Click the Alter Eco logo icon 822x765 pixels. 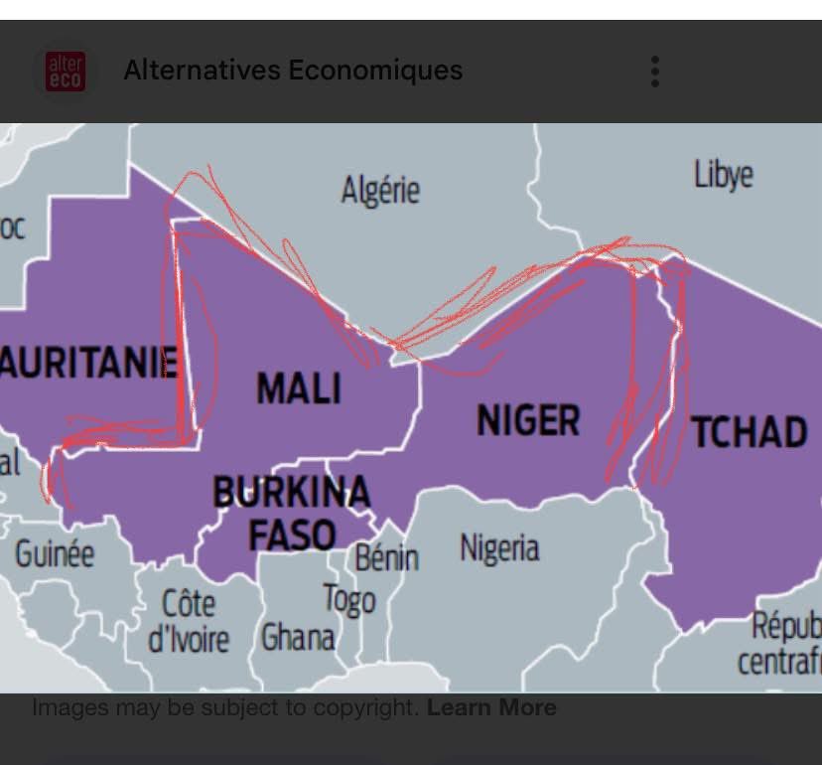point(66,72)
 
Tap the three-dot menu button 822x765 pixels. point(654,72)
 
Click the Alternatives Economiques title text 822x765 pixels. point(292,71)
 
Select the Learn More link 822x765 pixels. point(491,707)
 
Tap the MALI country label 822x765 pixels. point(298,387)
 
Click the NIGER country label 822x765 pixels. point(528,420)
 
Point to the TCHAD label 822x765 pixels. point(750,432)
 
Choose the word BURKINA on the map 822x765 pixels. point(291,492)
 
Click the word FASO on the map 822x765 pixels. point(291,535)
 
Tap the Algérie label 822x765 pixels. point(380,190)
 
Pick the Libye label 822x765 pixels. point(723,175)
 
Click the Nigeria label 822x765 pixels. point(499,547)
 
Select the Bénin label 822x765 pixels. point(386,557)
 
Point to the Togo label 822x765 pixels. point(348,599)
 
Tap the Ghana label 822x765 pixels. point(297,637)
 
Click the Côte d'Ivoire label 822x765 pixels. point(189,621)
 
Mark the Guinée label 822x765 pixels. point(55,553)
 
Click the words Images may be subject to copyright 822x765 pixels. point(226,707)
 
